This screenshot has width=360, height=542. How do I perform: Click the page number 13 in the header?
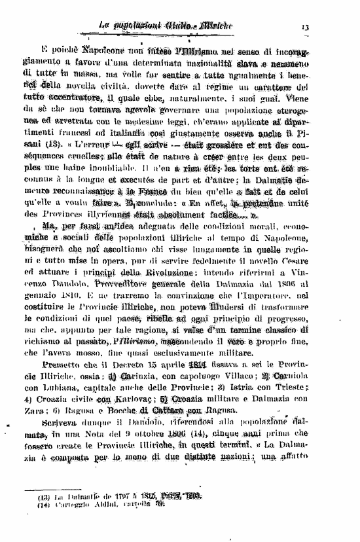306,27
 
